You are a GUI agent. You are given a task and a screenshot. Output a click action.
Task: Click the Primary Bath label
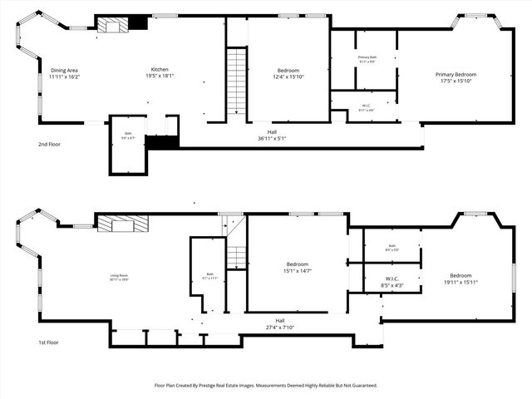coord(366,57)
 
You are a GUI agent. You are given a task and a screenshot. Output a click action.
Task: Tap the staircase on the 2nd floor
coord(238,80)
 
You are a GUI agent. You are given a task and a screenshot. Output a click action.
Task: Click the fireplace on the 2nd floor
coord(113,25)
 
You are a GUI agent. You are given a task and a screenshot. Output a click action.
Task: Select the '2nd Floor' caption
coord(50,144)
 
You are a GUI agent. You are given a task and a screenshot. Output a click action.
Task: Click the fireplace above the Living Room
coord(121,223)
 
